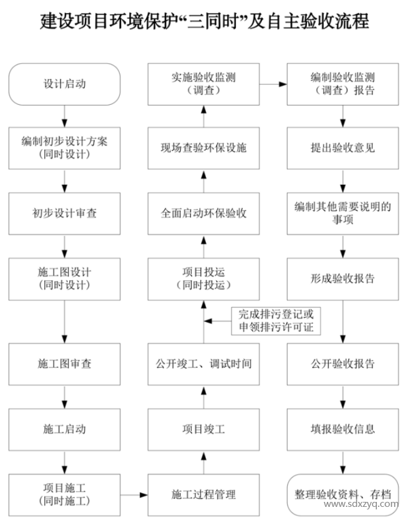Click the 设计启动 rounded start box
[64, 84]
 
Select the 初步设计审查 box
[64, 212]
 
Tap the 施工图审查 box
[64, 363]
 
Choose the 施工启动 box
[64, 429]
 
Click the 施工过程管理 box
[203, 494]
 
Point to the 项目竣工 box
[203, 429]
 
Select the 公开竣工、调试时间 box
[203, 363]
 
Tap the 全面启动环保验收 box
[203, 212]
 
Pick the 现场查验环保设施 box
[203, 148]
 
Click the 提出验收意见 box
[342, 148]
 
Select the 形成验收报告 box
[342, 278]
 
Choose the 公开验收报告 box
[342, 363]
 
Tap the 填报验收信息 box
[342, 429]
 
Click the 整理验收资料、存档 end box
[342, 493]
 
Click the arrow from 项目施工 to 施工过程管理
[134, 495]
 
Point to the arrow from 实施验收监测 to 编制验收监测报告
[273, 84]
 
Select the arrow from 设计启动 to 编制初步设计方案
[64, 116]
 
